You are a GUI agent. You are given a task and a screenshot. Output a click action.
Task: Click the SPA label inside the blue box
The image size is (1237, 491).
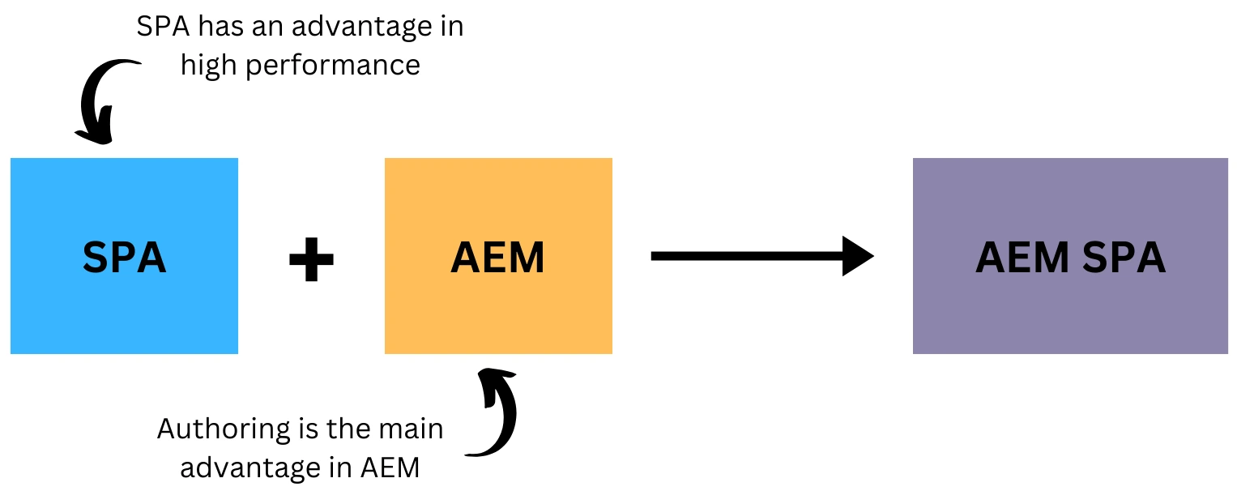(124, 258)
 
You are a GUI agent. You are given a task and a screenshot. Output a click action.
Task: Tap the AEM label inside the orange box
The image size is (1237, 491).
(497, 258)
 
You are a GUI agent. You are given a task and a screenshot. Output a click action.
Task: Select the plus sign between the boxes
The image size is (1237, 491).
(312, 258)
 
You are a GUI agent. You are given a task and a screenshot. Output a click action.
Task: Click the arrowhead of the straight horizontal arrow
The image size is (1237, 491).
(857, 256)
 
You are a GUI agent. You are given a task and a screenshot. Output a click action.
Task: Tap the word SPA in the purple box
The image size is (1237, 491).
(1123, 258)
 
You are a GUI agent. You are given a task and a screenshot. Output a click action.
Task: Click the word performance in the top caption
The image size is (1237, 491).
(333, 65)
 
